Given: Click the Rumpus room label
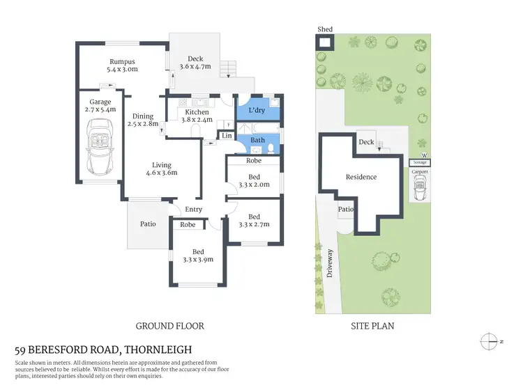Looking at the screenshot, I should (x=121, y=61).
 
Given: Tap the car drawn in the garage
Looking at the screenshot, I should (x=100, y=148).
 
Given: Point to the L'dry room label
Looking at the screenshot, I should (x=256, y=111).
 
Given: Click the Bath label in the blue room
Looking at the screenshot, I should (x=257, y=140).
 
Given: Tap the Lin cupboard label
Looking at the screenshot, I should (x=227, y=136).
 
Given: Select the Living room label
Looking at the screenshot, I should (x=162, y=165).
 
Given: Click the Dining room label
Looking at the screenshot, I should (x=143, y=116).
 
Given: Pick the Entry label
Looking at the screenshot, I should (x=193, y=210).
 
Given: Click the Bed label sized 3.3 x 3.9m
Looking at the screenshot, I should (x=199, y=251).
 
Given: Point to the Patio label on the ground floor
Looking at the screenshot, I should (x=147, y=224).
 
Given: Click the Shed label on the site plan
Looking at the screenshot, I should (x=325, y=29).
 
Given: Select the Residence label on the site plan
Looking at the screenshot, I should (x=361, y=177).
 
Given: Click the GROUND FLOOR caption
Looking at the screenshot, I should (x=169, y=325).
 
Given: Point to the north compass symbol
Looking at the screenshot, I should (x=488, y=341).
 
